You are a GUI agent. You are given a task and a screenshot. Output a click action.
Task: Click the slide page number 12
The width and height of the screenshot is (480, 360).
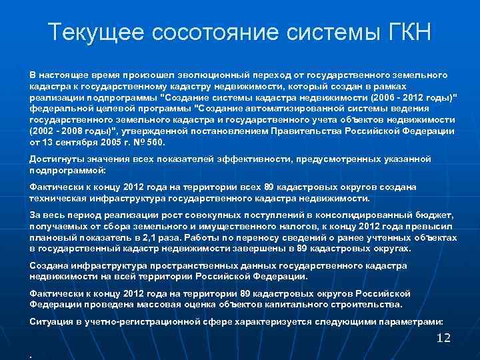(x=443, y=338)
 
